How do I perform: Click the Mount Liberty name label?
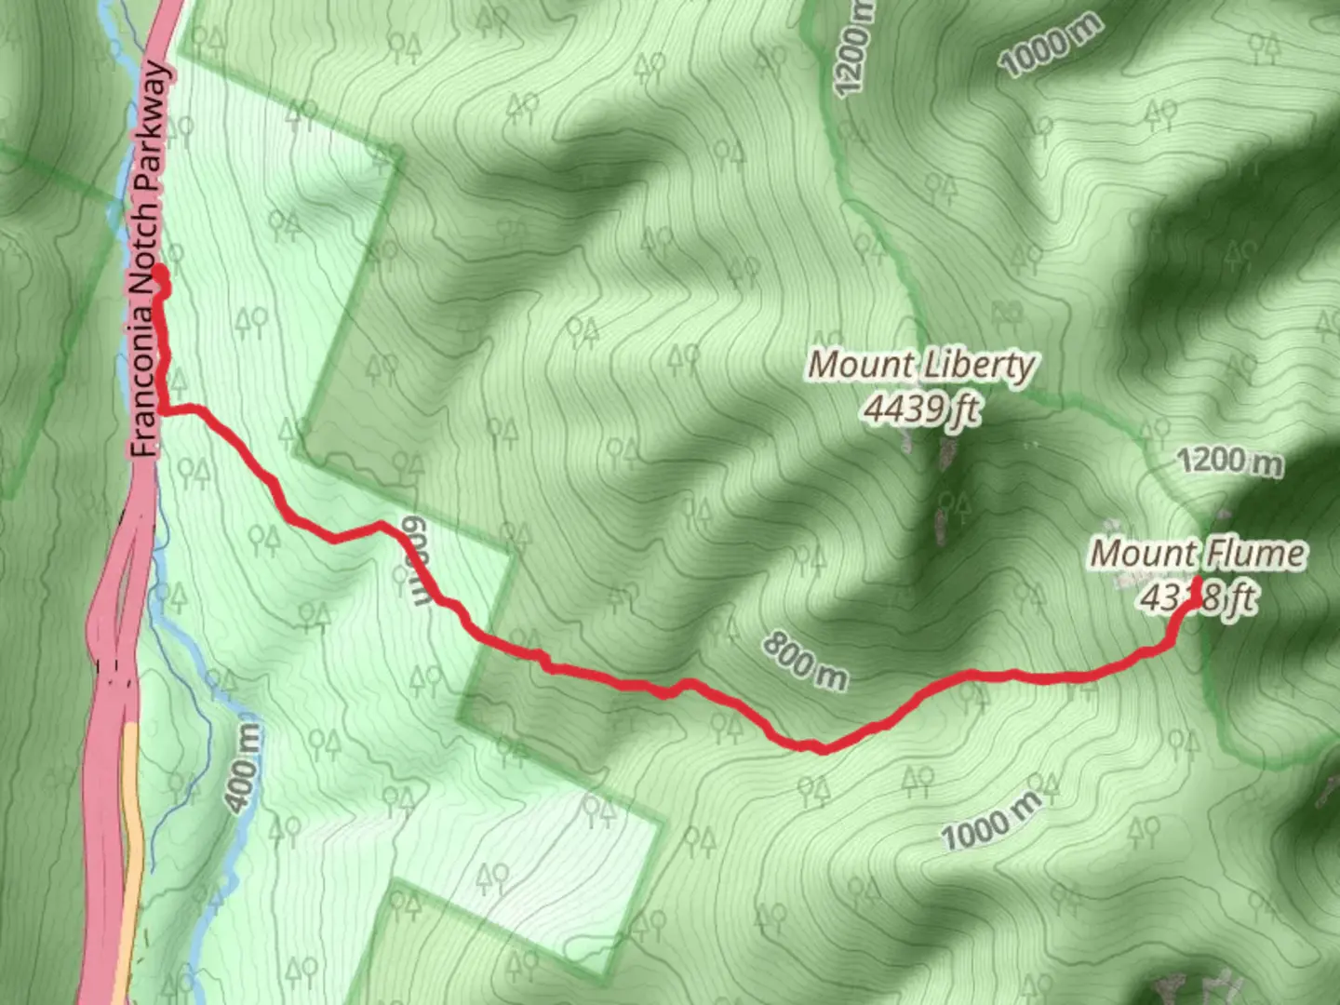coord(920,365)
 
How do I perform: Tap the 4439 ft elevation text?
coord(921,408)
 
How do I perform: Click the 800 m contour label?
coord(806,662)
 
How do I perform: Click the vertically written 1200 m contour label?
coord(854,47)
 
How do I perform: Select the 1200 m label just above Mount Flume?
coord(1229,461)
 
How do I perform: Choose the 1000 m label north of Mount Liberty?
coord(1050,45)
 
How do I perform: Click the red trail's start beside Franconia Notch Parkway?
coord(159,273)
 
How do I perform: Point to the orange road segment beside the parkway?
coord(131,837)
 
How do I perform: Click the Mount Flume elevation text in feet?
coord(1198,597)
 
